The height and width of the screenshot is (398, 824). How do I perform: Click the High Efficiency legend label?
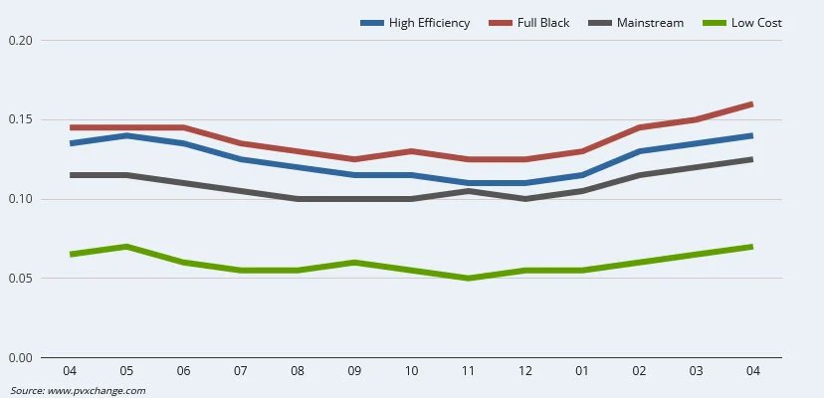(x=431, y=23)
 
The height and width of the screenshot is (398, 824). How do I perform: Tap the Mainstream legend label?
(x=650, y=23)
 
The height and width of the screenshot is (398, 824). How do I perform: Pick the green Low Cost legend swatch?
(x=716, y=23)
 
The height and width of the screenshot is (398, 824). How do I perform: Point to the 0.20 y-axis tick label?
(x=20, y=41)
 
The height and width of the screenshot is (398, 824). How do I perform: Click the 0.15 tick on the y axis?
(x=20, y=120)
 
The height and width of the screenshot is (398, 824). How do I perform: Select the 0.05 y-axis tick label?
(x=20, y=279)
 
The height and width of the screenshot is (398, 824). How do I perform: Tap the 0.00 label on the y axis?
(x=20, y=358)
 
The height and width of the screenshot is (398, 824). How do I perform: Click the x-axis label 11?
(x=468, y=371)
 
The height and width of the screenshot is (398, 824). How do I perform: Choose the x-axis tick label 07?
(x=240, y=371)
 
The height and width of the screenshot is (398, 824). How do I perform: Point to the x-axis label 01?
(x=582, y=371)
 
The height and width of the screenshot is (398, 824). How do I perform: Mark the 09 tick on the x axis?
(x=354, y=371)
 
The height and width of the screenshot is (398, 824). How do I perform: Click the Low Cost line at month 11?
(x=468, y=279)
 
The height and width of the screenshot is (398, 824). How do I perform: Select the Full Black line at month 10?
(x=411, y=151)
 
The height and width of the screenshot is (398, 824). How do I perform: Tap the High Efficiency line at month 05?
(x=126, y=135)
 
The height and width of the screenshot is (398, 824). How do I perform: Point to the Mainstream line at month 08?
(x=298, y=199)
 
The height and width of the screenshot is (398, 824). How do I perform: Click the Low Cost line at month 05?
(x=126, y=247)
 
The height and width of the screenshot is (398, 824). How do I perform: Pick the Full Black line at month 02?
(x=639, y=127)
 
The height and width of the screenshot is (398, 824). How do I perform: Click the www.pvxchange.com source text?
(x=97, y=390)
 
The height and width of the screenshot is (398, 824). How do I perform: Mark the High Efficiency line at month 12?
(x=525, y=183)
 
